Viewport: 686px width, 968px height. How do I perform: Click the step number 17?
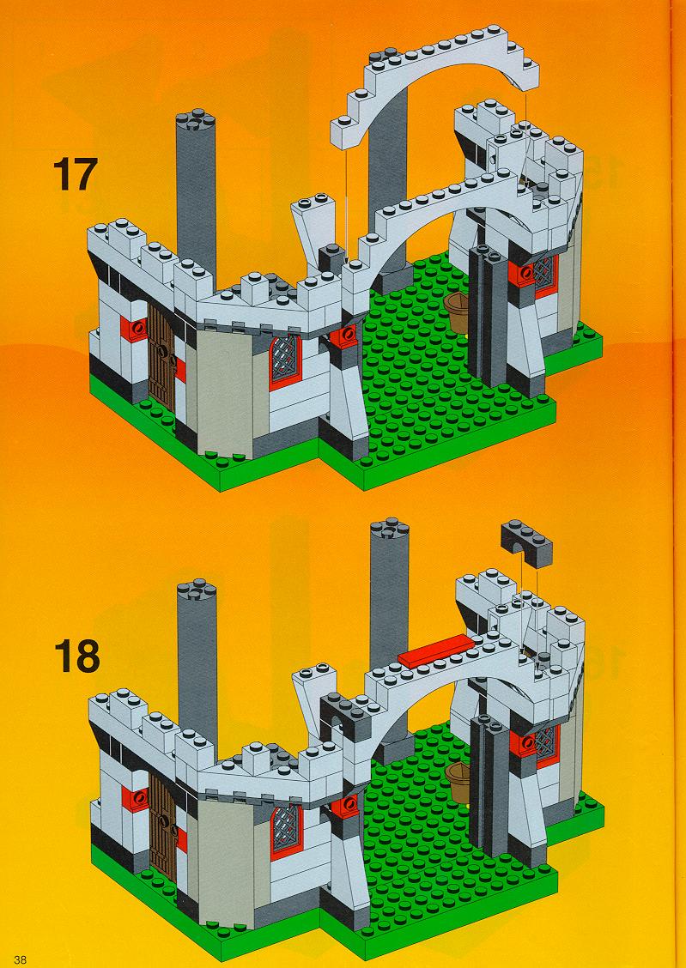click(x=75, y=174)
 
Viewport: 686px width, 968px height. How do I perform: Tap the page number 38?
click(x=21, y=959)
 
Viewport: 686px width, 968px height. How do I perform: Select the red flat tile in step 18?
click(x=436, y=650)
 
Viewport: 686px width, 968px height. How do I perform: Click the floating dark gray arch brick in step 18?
click(x=526, y=543)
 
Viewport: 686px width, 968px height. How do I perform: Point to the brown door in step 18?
click(x=162, y=826)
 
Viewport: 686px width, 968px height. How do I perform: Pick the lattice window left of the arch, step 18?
click(x=287, y=831)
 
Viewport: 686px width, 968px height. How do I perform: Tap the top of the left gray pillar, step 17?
click(x=195, y=120)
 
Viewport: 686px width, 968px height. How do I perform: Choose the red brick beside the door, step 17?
click(x=134, y=329)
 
